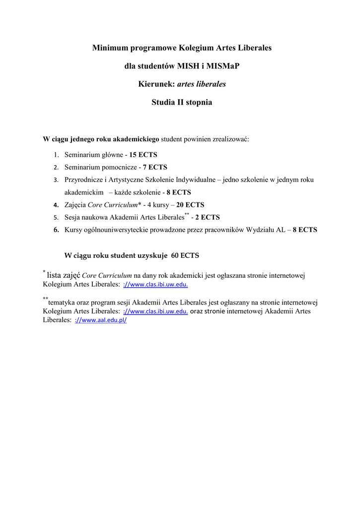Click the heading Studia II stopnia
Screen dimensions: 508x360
[181, 103]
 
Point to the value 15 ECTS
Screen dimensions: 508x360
[143, 155]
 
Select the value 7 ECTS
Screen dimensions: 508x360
[155, 167]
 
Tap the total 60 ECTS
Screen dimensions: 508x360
[185, 256]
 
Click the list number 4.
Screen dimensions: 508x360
[56, 205]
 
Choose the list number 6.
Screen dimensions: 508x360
[56, 230]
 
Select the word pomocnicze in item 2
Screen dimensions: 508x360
[119, 167]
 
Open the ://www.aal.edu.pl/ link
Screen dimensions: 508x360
[101, 321]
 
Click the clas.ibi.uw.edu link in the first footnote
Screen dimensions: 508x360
[155, 285]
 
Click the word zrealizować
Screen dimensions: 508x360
[232, 139]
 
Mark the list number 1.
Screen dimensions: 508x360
[56, 155]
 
